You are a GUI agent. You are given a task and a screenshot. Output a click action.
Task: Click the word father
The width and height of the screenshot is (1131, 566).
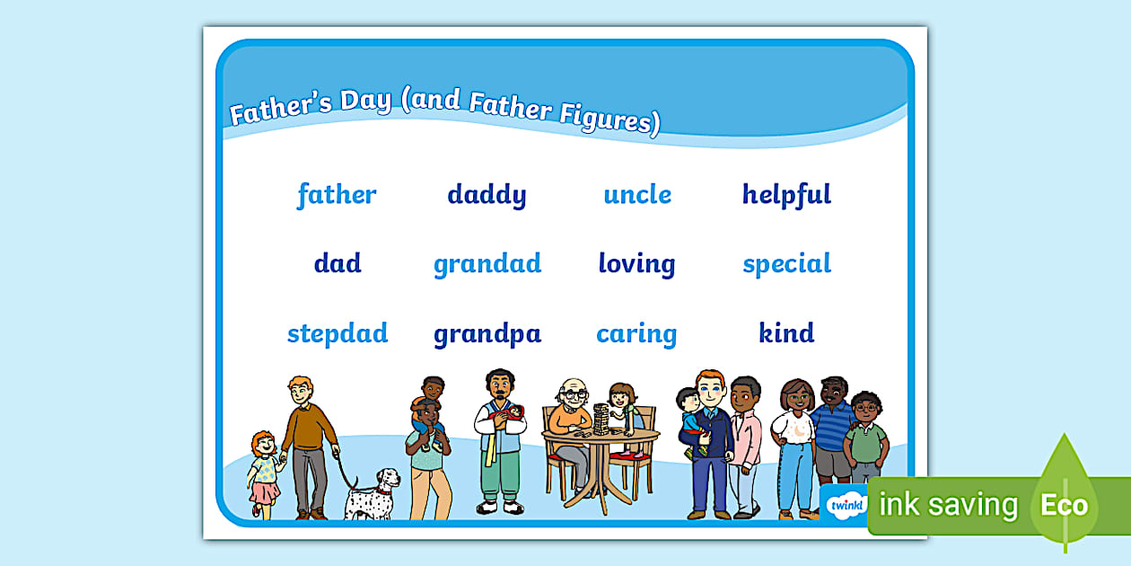pos(337,195)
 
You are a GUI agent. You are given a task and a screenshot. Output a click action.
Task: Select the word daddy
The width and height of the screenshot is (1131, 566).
pos(487,195)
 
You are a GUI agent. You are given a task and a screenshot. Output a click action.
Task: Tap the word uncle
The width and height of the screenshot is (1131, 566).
pos(637,195)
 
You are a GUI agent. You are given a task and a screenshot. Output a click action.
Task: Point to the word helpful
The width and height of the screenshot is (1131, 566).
pos(786,195)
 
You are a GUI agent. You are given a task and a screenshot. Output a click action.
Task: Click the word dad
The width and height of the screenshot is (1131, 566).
pos(338,264)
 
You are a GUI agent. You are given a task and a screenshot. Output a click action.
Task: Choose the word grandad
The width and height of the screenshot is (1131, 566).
pos(487,264)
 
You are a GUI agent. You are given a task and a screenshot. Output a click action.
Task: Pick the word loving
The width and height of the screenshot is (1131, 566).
pos(636,264)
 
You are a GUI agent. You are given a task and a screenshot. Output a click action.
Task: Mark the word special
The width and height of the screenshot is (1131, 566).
pos(786,264)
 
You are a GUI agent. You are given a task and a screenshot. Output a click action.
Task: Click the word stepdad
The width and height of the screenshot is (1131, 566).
pos(338,334)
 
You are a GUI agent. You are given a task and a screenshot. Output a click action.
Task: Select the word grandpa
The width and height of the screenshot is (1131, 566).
pos(487,334)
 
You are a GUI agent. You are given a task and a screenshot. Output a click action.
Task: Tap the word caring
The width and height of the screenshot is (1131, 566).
pos(636,334)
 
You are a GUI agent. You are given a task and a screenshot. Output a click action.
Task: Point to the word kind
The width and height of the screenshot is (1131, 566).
pos(786,333)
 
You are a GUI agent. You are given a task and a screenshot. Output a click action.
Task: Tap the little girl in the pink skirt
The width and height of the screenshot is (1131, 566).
pos(263,472)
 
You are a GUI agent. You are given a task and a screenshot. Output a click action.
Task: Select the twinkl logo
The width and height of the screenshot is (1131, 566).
pos(843,505)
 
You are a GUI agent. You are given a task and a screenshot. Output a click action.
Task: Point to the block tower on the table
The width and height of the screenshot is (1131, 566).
pos(601,420)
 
